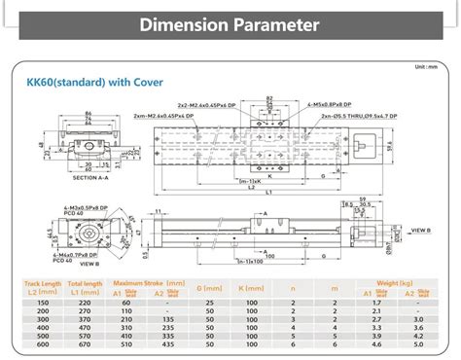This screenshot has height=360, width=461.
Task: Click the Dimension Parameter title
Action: pos(230,22)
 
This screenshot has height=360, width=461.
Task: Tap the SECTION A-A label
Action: pos(66,177)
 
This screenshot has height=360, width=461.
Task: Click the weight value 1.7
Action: pos(374,302)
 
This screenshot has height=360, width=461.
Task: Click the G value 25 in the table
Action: pos(210,302)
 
